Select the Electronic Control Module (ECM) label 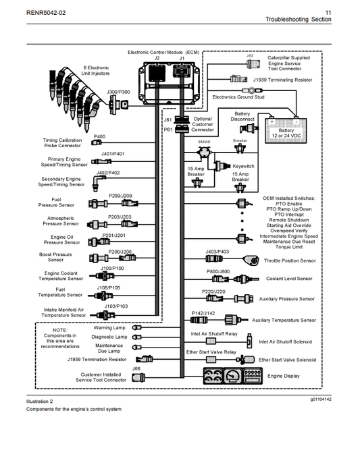tap(163, 52)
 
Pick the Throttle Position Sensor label tap(289, 260)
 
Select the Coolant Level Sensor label tap(289, 279)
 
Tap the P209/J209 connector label tap(120, 196)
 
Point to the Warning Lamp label tap(109, 328)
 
